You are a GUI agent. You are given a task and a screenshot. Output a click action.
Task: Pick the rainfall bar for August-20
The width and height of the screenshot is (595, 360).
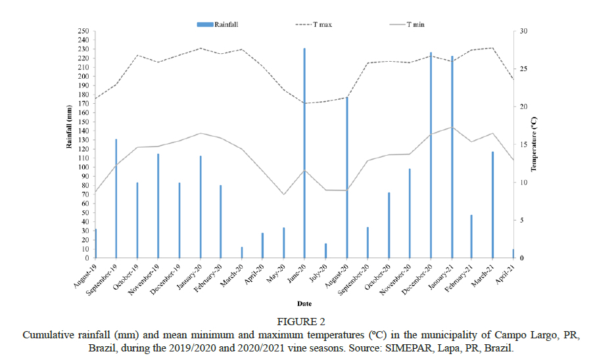point(347,177)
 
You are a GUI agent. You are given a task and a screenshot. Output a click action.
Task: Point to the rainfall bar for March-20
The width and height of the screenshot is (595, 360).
point(242,252)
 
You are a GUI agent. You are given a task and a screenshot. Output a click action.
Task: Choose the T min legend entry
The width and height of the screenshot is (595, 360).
point(415,24)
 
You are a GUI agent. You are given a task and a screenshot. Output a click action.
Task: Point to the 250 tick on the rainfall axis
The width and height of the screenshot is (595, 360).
point(83,32)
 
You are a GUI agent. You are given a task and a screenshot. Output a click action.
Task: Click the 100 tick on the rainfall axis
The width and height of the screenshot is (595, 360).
point(83,168)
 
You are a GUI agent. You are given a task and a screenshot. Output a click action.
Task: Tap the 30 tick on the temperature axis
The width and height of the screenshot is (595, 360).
point(523,32)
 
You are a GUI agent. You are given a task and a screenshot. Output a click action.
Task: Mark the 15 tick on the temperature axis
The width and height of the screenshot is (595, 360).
point(523,145)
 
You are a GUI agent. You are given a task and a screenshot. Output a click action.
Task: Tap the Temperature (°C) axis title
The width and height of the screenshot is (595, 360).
point(534,145)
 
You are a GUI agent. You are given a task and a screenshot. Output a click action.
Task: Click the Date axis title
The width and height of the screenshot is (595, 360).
point(304,304)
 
